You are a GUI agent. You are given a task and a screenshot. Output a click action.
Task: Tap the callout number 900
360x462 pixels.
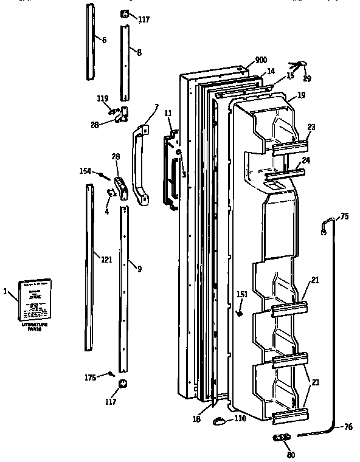point(261,60)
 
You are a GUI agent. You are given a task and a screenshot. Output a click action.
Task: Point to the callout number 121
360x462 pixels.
point(106,260)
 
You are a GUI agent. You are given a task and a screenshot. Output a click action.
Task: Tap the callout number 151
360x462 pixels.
point(242,294)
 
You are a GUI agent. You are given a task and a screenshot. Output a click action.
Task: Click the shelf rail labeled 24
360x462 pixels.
point(285,176)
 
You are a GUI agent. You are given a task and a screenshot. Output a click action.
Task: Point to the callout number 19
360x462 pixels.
point(301,95)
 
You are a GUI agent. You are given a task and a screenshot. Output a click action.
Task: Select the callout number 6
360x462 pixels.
point(103,40)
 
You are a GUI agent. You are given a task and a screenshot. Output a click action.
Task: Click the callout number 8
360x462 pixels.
point(139,53)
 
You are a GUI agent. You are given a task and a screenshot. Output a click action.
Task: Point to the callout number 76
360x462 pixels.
point(347,427)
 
